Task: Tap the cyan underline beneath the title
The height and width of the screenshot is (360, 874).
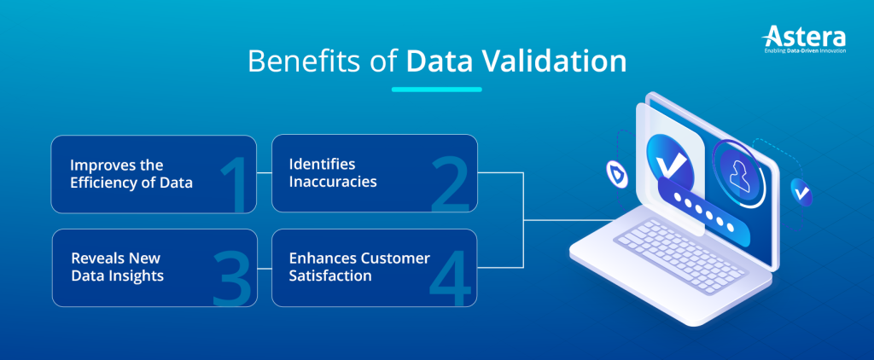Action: [437, 89]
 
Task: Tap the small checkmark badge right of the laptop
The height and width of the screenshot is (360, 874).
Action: [801, 193]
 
